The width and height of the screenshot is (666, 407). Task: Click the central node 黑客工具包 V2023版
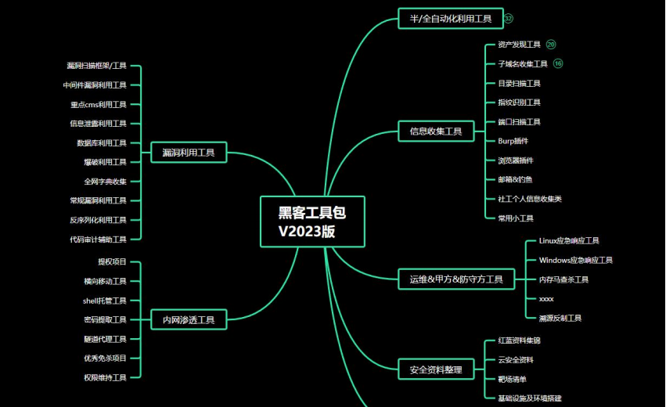[312, 222]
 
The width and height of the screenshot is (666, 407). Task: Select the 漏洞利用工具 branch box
[189, 152]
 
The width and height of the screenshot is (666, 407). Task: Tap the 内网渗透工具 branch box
[189, 319]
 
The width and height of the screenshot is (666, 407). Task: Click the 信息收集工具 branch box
[436, 131]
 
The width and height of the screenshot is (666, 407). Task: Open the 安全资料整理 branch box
[436, 369]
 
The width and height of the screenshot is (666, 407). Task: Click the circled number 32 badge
[509, 18]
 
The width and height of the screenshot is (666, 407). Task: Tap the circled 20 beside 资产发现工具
[551, 45]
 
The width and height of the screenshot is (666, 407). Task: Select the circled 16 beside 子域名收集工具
[558, 63]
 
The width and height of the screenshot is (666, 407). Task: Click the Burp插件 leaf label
[513, 141]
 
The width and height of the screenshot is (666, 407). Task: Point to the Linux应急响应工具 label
[569, 240]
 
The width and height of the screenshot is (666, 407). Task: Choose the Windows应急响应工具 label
[575, 260]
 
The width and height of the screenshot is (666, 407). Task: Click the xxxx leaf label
[546, 299]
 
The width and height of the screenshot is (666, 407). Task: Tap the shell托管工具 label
[104, 301]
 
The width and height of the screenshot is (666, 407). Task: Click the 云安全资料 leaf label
[516, 360]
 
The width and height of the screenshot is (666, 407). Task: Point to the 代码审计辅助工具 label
[98, 240]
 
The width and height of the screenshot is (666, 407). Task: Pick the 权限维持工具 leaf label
[105, 377]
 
